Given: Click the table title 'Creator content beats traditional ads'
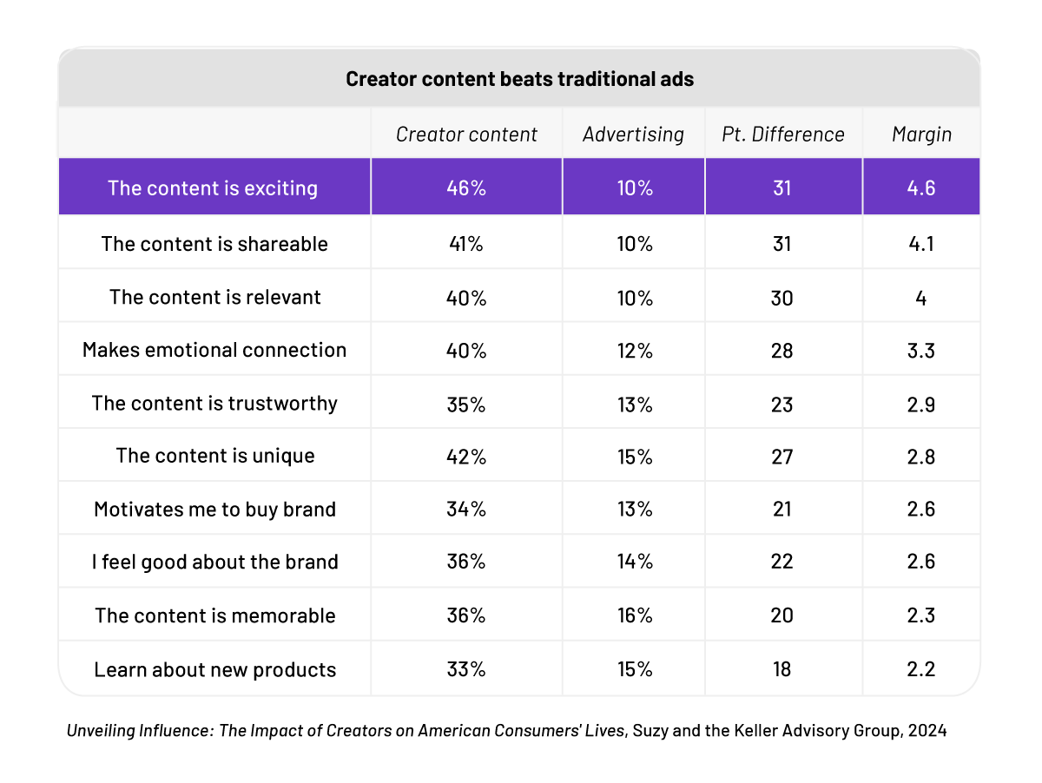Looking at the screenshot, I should [x=519, y=79].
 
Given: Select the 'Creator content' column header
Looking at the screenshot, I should [x=466, y=135].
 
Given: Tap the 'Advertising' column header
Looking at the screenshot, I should [x=633, y=135].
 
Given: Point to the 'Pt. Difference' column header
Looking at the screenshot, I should [x=782, y=135].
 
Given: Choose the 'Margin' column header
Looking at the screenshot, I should [x=921, y=135].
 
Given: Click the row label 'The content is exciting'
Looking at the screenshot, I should [x=213, y=188].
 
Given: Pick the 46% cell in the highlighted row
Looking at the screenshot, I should [x=466, y=188].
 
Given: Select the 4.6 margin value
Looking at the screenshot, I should [x=921, y=188].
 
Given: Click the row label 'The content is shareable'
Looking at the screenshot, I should [x=214, y=244].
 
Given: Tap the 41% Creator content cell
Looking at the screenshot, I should [x=466, y=244].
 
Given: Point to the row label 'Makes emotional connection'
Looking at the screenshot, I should [x=214, y=350].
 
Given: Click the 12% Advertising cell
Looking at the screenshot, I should [x=633, y=350].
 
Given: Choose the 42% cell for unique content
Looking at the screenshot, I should [x=466, y=456].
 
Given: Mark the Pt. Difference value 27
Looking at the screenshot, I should [x=782, y=456].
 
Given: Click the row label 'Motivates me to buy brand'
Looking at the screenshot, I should [x=214, y=509].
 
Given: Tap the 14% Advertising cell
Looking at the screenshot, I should [x=633, y=562].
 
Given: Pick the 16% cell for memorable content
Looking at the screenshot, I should [x=633, y=615].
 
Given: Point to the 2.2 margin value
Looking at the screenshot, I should [x=921, y=669].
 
